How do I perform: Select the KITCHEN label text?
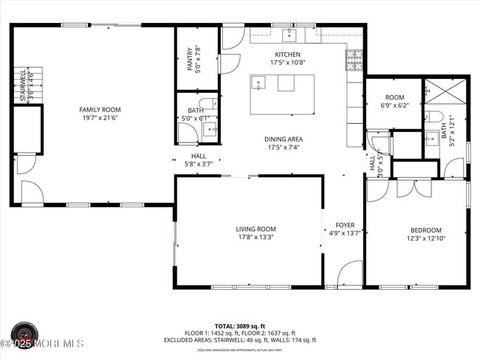(x=287, y=55)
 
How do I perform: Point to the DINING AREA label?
(x=284, y=139)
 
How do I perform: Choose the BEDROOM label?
(x=426, y=229)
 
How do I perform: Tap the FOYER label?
(x=345, y=225)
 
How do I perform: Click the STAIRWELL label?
(x=23, y=86)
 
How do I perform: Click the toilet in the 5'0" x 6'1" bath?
(x=209, y=103)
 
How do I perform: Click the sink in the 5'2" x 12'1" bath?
(x=431, y=139)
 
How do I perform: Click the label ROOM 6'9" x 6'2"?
(x=394, y=101)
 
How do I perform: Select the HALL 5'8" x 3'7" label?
(x=199, y=160)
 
